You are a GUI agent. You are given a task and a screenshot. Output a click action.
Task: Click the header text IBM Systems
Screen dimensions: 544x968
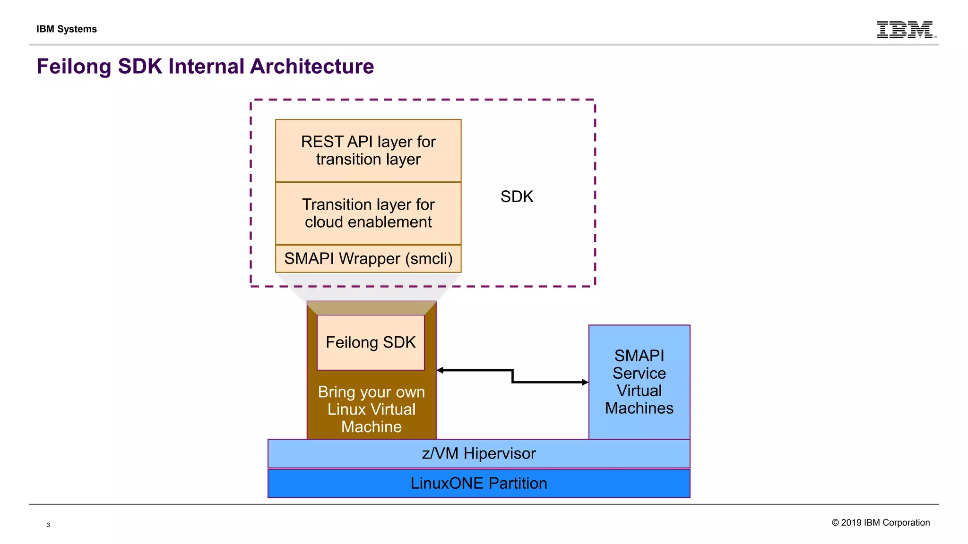point(67,29)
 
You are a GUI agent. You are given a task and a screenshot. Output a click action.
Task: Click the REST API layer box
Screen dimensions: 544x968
point(368,151)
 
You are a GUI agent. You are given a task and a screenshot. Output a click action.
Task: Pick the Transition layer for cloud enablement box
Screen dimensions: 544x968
point(368,213)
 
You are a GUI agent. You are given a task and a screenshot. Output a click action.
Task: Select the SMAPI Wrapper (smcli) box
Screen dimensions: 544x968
point(368,259)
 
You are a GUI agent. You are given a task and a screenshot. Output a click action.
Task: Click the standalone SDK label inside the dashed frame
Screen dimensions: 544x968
point(517,196)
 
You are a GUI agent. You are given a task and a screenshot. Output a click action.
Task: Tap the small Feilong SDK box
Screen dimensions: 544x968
point(371,342)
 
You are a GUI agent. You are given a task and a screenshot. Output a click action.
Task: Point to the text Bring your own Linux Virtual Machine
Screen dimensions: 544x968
point(372,409)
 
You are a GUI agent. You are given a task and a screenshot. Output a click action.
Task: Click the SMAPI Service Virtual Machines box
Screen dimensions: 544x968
point(639,382)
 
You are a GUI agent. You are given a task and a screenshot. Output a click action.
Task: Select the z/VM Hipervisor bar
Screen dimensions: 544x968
point(478,453)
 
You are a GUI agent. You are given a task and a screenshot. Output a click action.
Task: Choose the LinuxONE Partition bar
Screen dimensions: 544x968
point(478,483)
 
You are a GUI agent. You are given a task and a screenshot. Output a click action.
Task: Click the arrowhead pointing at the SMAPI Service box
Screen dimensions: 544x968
point(585,382)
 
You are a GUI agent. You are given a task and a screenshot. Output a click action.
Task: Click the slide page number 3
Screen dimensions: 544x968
point(48,525)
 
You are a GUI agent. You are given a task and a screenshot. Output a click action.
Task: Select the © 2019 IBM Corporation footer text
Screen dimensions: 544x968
point(881,522)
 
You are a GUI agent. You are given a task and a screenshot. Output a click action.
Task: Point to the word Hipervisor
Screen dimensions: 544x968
point(500,453)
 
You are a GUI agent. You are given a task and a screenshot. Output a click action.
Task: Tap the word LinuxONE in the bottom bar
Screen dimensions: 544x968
point(447,483)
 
